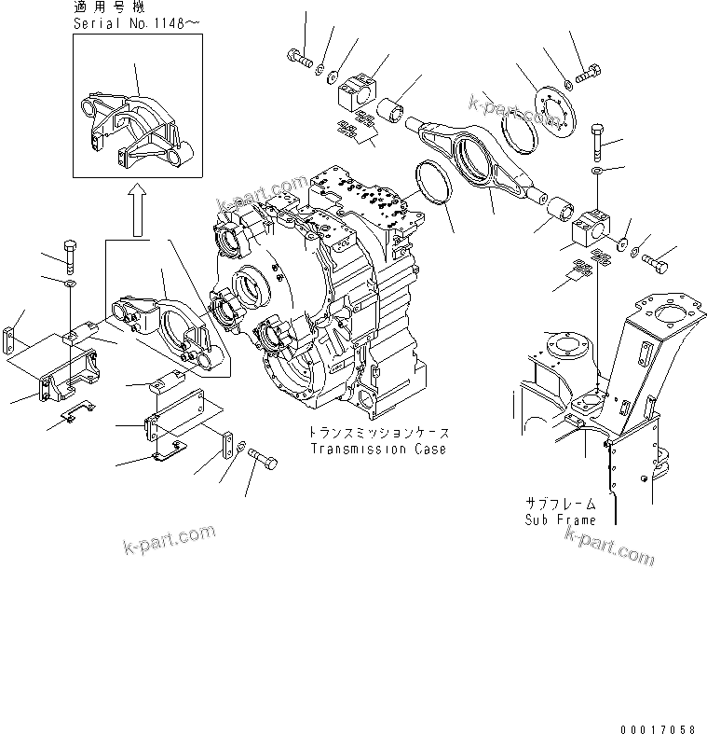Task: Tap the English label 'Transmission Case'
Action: [x=379, y=449]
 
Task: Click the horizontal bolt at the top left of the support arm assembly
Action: [x=299, y=57]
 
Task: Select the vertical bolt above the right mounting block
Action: [x=596, y=142]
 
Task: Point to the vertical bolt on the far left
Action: [x=72, y=254]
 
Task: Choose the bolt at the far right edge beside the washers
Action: [x=655, y=261]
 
